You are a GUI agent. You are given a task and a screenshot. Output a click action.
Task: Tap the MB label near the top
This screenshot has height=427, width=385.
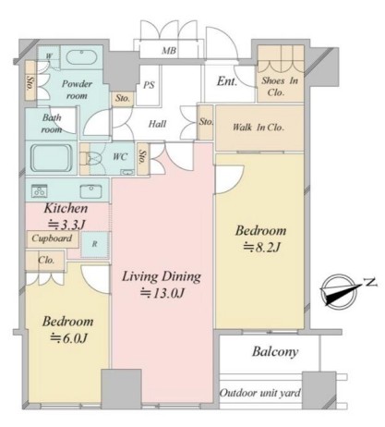point(169,51)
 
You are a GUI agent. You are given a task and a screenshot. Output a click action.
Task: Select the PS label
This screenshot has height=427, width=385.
point(149,85)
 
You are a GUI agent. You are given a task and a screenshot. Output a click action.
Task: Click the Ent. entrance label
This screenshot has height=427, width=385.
point(227,81)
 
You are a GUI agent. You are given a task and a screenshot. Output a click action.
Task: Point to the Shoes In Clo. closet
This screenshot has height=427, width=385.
point(280,74)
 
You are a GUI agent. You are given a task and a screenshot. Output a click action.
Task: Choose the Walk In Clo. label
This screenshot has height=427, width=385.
point(259,128)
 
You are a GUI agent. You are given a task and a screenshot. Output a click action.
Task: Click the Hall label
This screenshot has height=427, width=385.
point(157,124)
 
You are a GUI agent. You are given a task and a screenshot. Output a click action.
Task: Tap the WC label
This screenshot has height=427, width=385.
point(120,156)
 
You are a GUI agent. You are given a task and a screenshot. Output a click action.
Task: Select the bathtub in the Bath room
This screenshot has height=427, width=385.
point(52,158)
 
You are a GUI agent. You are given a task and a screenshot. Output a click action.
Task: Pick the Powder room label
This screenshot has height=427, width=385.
point(77,90)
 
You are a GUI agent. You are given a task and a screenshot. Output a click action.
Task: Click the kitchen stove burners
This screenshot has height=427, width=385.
point(39,191)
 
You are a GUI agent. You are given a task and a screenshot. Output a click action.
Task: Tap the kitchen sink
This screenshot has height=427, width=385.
point(90,191)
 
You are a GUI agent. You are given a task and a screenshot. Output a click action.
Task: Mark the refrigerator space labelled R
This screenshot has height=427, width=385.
point(94,244)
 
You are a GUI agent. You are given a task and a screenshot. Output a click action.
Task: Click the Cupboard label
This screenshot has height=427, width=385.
point(52,238)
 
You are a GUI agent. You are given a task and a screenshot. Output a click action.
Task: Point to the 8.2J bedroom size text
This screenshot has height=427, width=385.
point(261,247)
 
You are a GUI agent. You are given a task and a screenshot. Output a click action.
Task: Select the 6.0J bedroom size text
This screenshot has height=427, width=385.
point(69,338)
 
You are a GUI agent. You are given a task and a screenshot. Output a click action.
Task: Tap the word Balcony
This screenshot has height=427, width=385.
point(275,351)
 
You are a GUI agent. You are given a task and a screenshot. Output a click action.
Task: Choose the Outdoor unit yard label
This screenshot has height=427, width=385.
point(260,393)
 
